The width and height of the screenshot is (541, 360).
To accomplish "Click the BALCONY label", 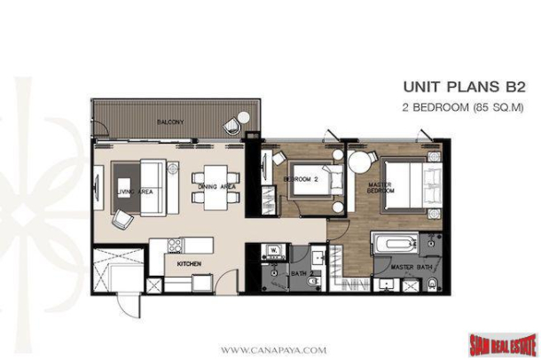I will click(x=170, y=121).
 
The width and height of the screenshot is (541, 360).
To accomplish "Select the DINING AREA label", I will click(x=217, y=187).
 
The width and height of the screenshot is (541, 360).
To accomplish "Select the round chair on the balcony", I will click(x=236, y=121).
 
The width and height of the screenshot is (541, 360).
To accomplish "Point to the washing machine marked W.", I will click(x=273, y=252).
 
